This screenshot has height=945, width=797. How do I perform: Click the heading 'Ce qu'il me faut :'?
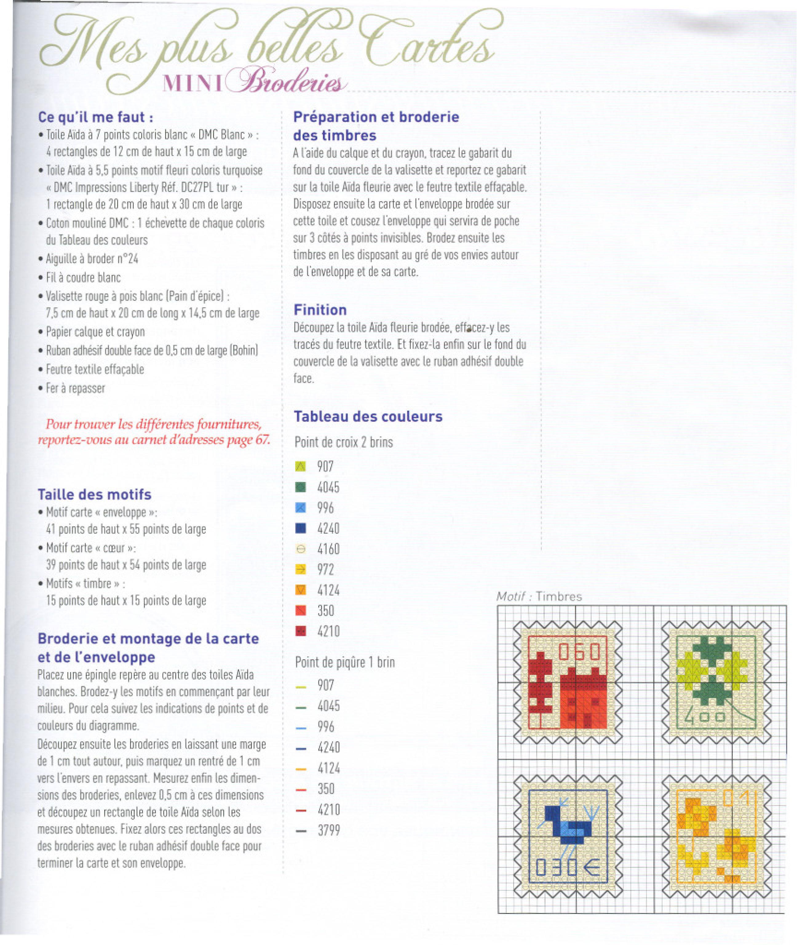(95, 117)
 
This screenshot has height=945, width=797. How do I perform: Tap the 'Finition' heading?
(320, 310)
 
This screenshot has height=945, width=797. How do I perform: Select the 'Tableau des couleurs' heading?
(368, 416)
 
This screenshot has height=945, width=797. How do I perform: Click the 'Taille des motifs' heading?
(94, 494)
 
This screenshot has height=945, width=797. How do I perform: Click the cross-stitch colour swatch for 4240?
(300, 528)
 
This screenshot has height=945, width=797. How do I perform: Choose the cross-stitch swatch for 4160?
(300, 549)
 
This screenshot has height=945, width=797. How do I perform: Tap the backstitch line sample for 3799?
(301, 831)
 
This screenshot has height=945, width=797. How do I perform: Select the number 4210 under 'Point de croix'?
(328, 631)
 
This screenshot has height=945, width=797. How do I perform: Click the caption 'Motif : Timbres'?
(539, 596)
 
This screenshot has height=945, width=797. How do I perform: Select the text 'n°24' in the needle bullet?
(127, 259)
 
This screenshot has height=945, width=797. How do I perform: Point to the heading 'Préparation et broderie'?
(376, 117)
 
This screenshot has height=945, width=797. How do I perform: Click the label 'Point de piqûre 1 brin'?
(345, 663)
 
